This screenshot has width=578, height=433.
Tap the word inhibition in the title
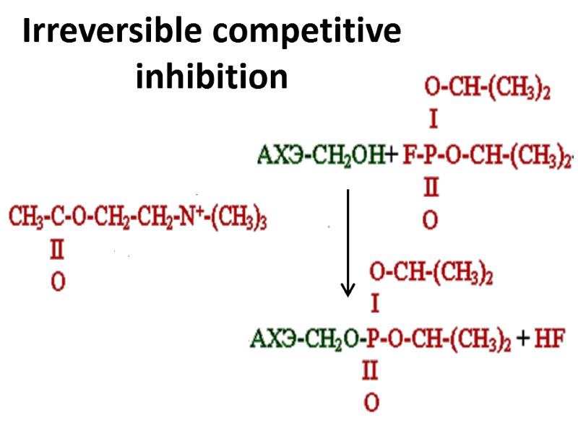tap(212, 76)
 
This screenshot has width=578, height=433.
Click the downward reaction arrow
tap(348, 242)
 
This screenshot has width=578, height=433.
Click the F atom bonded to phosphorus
tap(407, 154)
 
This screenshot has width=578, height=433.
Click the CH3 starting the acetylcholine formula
tap(22, 216)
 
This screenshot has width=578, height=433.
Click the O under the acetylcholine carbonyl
tap(58, 282)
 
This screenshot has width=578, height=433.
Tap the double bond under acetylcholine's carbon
tap(57, 250)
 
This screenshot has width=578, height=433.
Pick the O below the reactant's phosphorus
tap(430, 220)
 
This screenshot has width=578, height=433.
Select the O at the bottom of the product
tap(371, 403)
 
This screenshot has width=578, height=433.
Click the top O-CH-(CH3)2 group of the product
tap(431, 273)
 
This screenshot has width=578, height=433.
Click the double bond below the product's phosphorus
tap(371, 372)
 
